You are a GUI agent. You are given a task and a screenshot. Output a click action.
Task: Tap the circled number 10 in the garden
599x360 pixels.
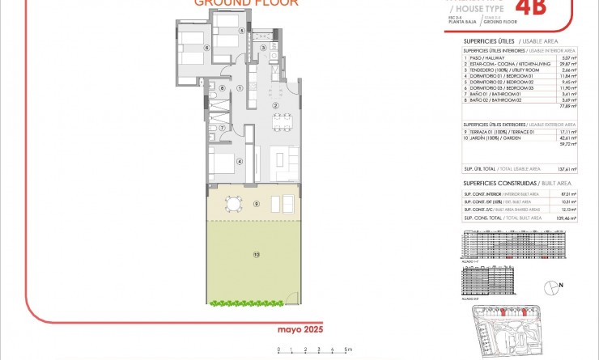pyautogui.click(x=256, y=255)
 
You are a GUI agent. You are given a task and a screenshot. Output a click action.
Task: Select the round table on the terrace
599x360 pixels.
pyautogui.click(x=234, y=204)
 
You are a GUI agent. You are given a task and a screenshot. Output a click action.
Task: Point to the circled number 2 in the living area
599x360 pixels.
pyautogui.click(x=275, y=106)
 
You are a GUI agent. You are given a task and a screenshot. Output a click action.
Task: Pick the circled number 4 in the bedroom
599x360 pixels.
pyautogui.click(x=239, y=162)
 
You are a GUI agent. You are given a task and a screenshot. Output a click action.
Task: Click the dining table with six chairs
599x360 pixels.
pyautogui.click(x=281, y=122)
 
